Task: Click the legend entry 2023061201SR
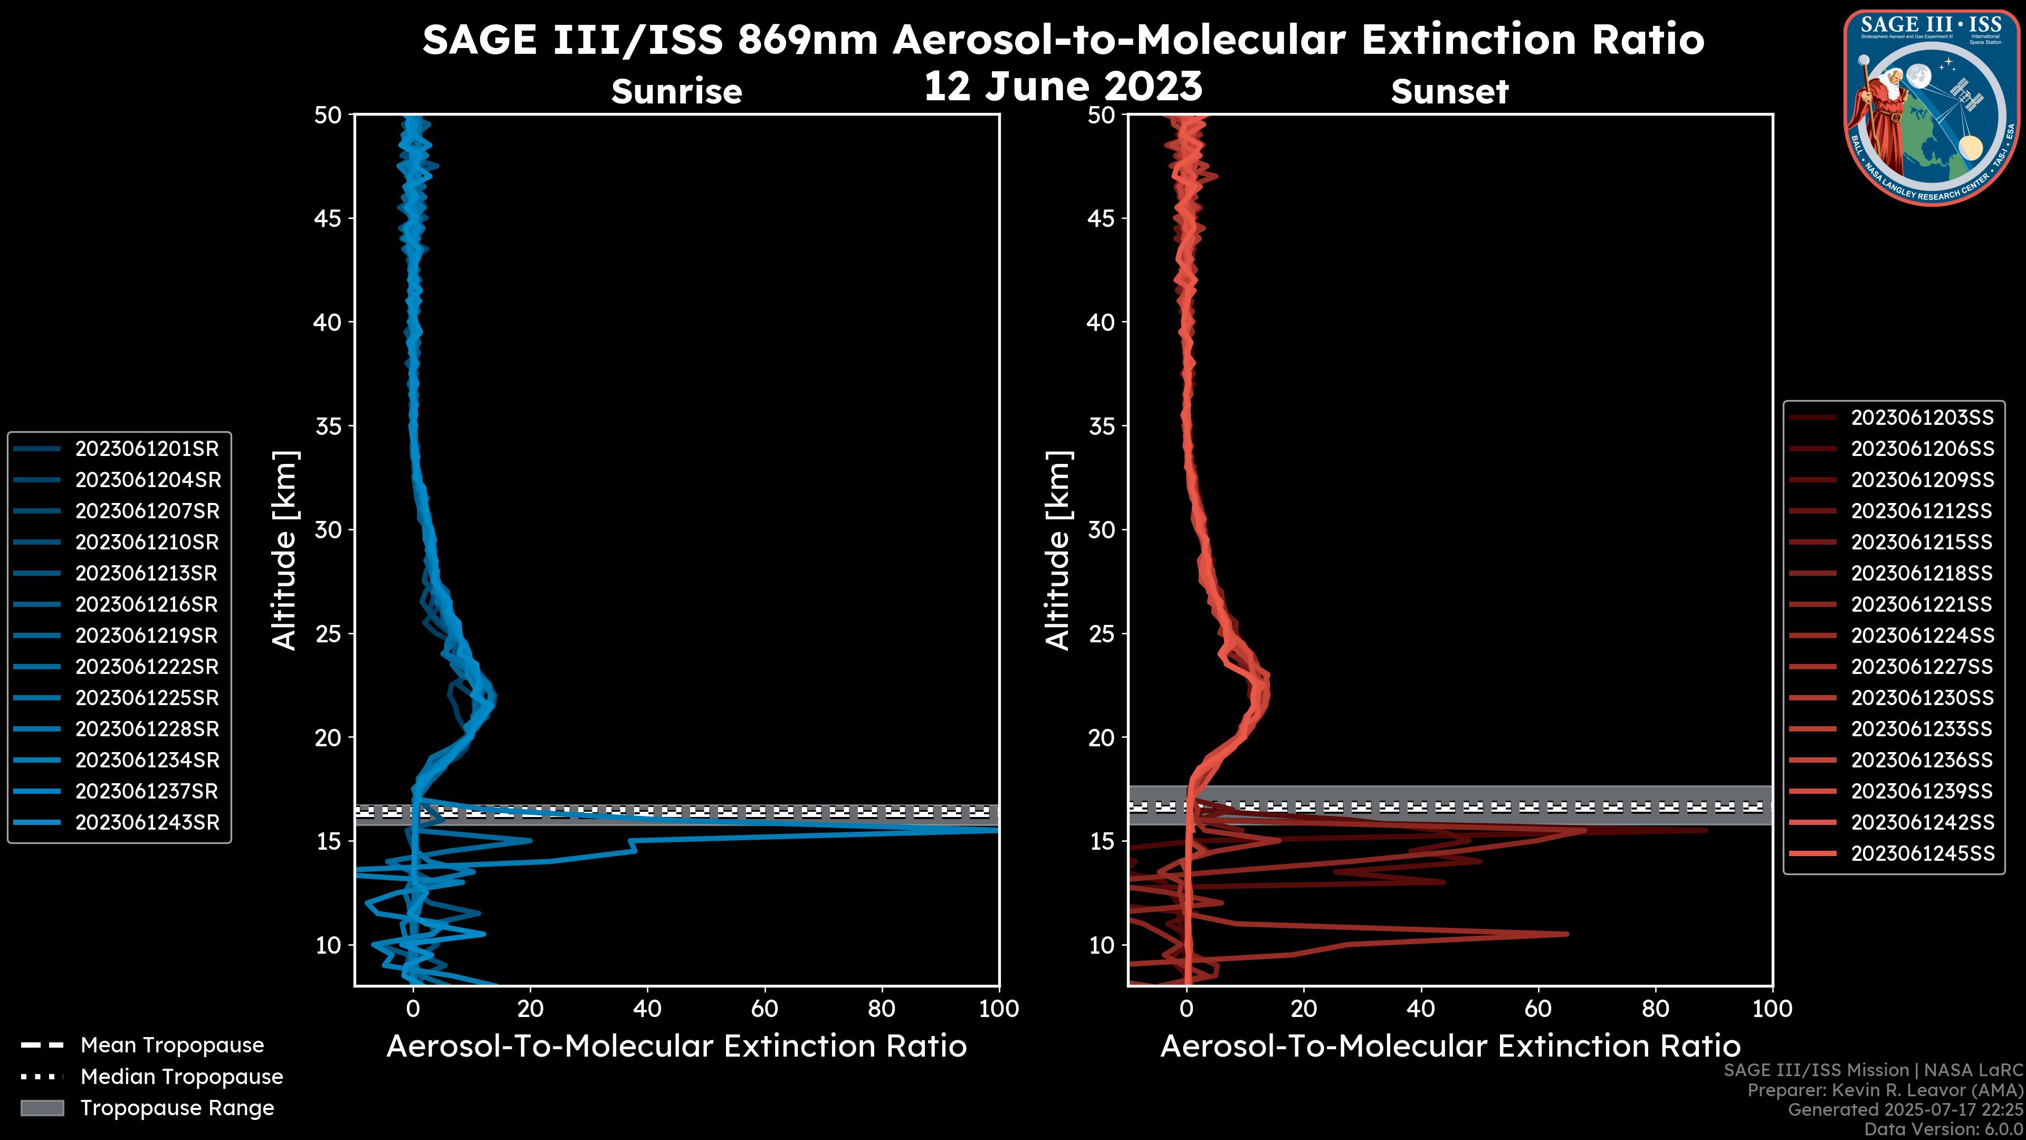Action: click(146, 449)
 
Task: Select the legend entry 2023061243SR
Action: click(146, 822)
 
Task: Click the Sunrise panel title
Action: click(676, 91)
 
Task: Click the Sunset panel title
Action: click(1449, 91)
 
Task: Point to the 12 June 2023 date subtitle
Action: click(1063, 85)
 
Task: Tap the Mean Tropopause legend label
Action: click(172, 1045)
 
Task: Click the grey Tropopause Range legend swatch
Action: click(42, 1108)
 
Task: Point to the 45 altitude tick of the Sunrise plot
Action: click(329, 218)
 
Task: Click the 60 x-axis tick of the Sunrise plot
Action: click(764, 1009)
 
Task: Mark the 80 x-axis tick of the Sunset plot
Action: click(1656, 1009)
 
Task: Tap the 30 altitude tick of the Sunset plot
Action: click(1102, 529)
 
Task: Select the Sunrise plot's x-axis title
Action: click(676, 1047)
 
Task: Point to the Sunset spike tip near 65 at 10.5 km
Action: click(1566, 934)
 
